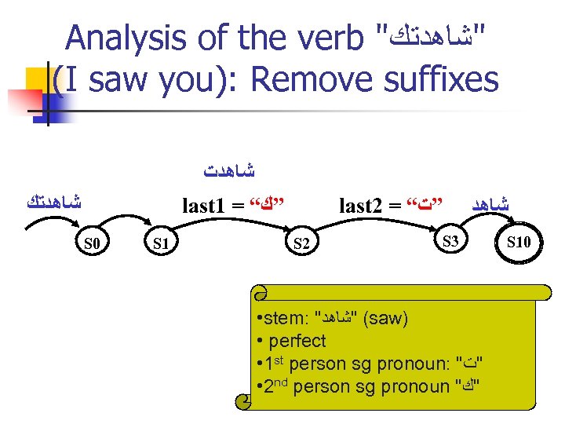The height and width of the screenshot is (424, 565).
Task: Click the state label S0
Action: (92, 244)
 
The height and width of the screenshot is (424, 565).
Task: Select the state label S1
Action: (162, 244)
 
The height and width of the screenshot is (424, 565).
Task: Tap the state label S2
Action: (301, 244)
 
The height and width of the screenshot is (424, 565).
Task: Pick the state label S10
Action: (519, 242)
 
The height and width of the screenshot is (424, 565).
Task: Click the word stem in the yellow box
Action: (287, 320)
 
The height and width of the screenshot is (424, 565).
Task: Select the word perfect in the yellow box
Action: (297, 342)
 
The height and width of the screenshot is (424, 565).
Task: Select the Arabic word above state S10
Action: (490, 203)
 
